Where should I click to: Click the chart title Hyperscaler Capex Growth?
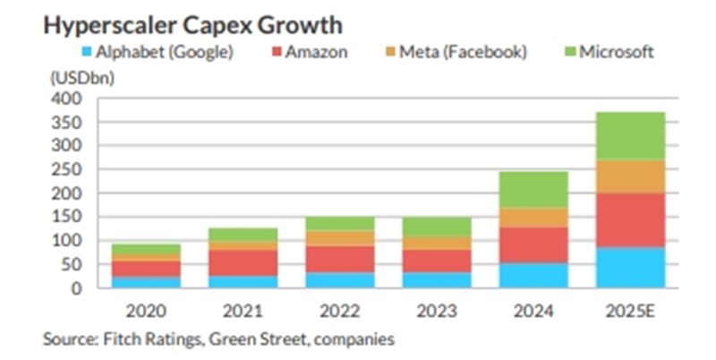(x=192, y=24)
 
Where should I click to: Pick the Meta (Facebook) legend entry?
(x=460, y=52)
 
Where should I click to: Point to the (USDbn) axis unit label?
(x=72, y=76)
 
